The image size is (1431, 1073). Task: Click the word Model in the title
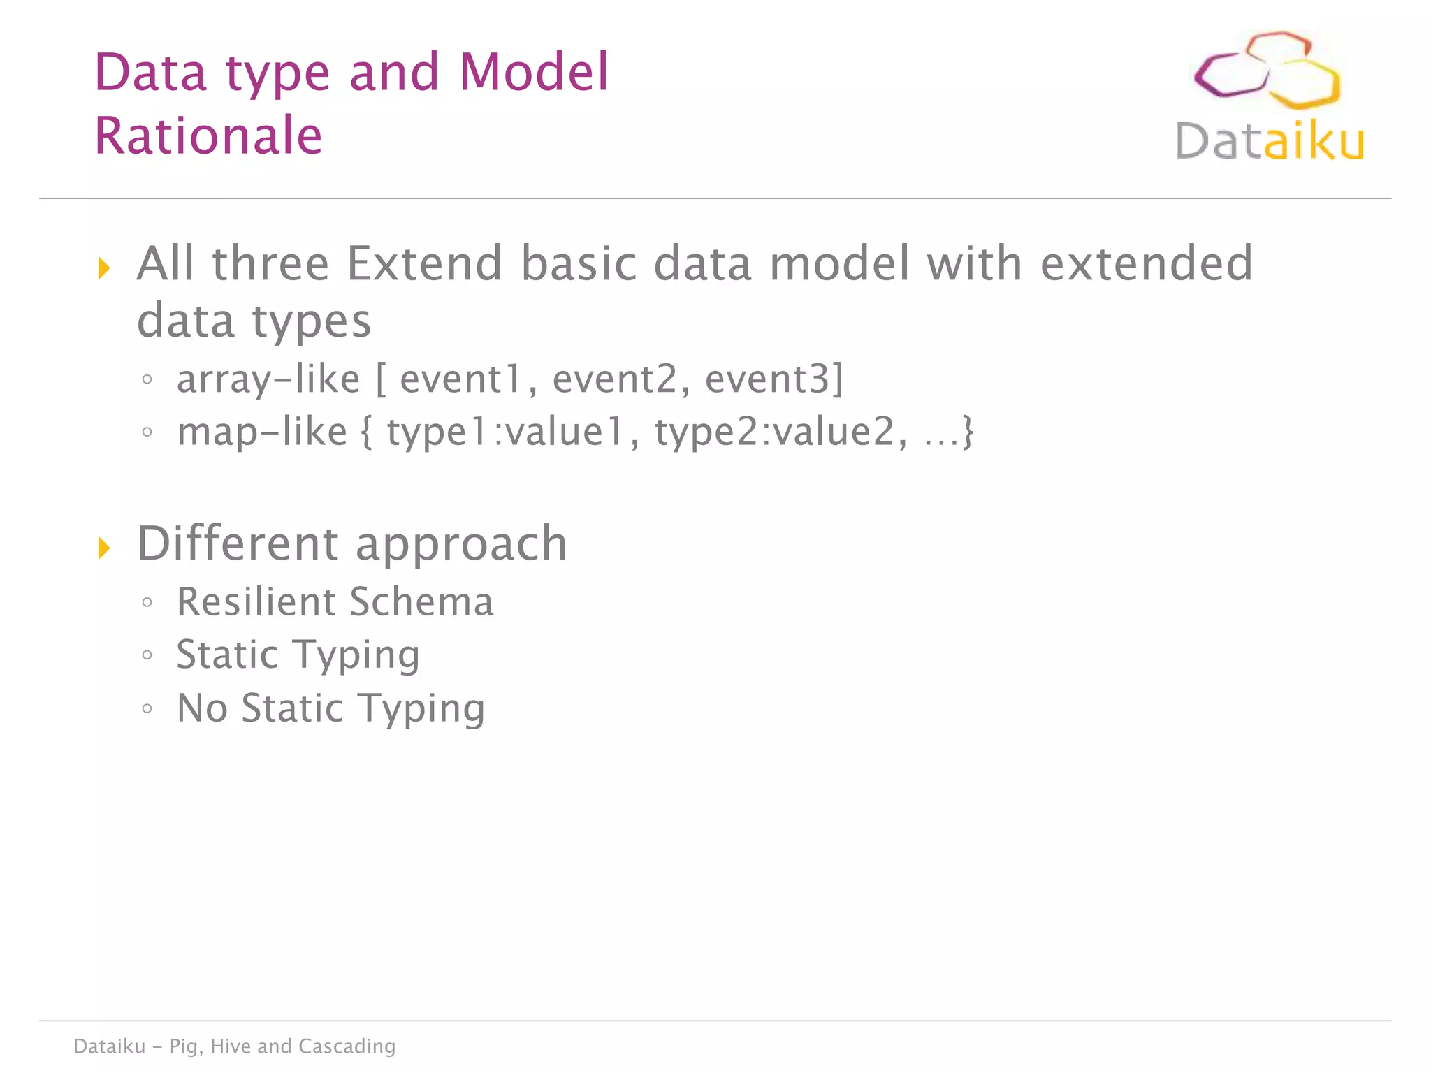coord(534,72)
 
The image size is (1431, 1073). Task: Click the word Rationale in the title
coord(208,136)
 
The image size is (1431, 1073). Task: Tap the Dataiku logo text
coord(1269,141)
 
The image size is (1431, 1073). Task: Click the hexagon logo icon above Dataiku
coord(1266,70)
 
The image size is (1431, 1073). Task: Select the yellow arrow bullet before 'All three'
coord(104,268)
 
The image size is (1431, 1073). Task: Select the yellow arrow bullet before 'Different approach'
coord(104,548)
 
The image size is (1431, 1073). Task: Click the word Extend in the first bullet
coord(424,263)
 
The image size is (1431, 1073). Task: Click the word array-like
coord(268,379)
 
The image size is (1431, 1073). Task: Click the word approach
coord(461,545)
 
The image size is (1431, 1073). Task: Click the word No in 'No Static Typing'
coord(202,708)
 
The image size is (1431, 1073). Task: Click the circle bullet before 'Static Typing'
coord(147,655)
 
